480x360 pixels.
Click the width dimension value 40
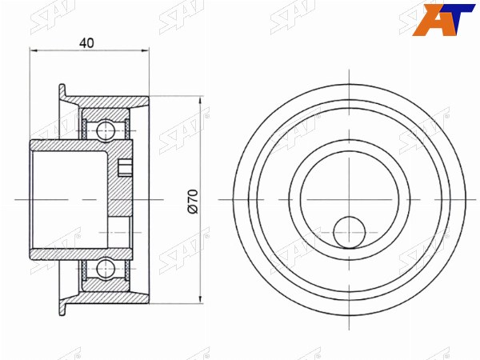point(86,43)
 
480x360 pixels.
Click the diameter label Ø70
point(194,201)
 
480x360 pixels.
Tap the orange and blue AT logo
point(443,20)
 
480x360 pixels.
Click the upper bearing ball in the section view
point(106,131)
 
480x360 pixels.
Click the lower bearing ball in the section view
point(106,269)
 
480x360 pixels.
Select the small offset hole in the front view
point(350,232)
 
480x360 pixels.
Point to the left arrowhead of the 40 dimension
point(34,50)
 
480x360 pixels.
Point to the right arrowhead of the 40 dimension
point(145,50)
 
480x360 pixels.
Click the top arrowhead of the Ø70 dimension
point(201,101)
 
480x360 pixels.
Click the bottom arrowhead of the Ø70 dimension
point(201,300)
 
